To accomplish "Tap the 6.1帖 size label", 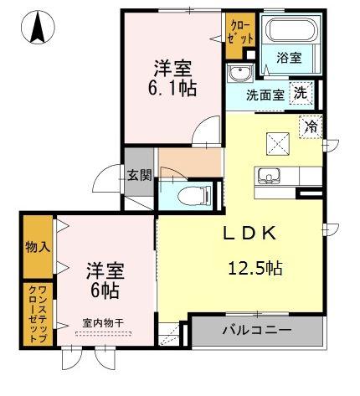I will (x=174, y=86).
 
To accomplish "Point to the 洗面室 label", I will (x=264, y=95).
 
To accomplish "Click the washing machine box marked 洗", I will (x=299, y=94).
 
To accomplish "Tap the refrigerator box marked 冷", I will (x=311, y=127).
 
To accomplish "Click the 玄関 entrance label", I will (x=140, y=176).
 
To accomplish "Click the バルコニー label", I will (x=257, y=331).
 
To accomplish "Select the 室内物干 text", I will (x=104, y=322).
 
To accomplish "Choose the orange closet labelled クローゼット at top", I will (x=239, y=33).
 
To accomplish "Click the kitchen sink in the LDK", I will (x=270, y=176).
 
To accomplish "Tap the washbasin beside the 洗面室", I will (x=241, y=72).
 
